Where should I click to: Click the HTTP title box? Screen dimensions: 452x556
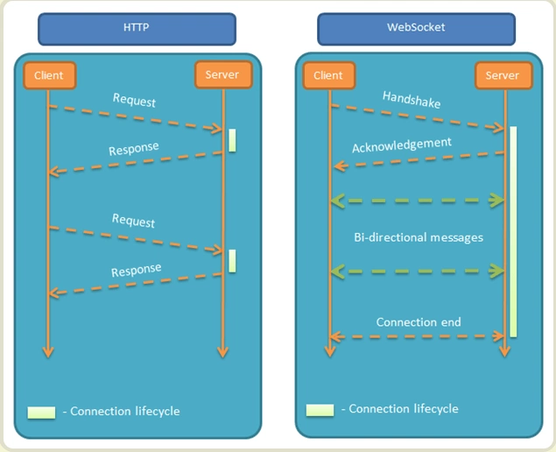coord(137,28)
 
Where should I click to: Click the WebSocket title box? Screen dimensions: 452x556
coord(416,28)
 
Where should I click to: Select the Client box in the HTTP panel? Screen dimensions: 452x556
coord(49,75)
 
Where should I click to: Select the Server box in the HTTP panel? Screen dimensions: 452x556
coord(222,75)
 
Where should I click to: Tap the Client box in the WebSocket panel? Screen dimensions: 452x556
coord(328,75)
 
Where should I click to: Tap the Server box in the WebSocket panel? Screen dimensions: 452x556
coord(503,75)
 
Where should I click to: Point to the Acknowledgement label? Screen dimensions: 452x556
coord(402,144)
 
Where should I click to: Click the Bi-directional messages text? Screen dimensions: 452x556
coord(418,237)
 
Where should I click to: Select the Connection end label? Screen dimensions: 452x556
coord(418,321)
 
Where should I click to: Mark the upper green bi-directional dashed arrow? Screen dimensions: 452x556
coord(418,201)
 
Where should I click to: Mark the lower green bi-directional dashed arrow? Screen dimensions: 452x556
coord(418,272)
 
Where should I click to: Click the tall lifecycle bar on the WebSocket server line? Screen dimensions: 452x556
coord(513,231)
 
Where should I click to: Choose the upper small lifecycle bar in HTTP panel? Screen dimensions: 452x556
coord(232,140)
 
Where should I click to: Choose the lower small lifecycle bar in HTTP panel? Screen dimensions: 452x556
coord(232,260)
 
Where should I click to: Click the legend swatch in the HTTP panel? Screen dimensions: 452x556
coord(41,412)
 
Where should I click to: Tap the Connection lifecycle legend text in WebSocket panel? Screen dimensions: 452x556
coord(399,409)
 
